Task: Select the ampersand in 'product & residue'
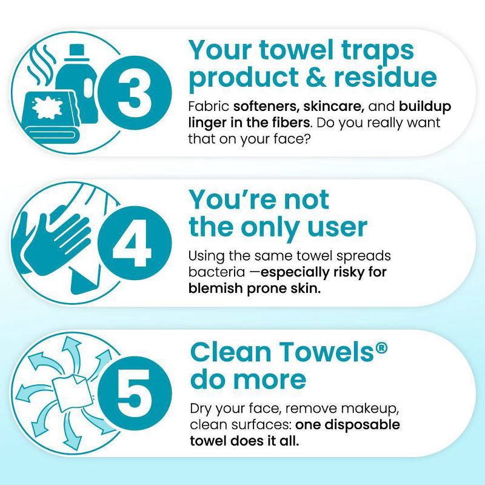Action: click(x=315, y=78)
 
